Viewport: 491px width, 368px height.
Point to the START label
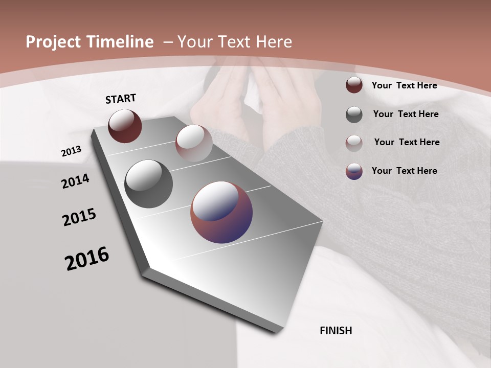click(121, 99)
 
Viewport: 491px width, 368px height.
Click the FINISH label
click(336, 331)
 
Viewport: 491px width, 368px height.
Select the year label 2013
click(71, 152)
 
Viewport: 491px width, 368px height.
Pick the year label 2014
click(75, 181)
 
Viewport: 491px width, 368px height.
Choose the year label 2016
click(87, 259)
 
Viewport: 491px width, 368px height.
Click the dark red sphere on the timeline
click(125, 126)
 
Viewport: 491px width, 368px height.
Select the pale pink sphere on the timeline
click(194, 143)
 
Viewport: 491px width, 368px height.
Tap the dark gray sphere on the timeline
click(148, 184)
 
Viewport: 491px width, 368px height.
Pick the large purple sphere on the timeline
click(221, 212)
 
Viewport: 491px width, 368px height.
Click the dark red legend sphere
click(354, 85)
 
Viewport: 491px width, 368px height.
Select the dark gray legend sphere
click(354, 114)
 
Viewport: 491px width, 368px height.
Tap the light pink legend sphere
click(354, 143)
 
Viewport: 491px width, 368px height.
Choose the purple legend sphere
click(354, 171)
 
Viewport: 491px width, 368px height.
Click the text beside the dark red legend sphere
click(404, 85)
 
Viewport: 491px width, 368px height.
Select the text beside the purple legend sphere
click(404, 171)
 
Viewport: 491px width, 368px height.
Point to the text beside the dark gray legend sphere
click(406, 114)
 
